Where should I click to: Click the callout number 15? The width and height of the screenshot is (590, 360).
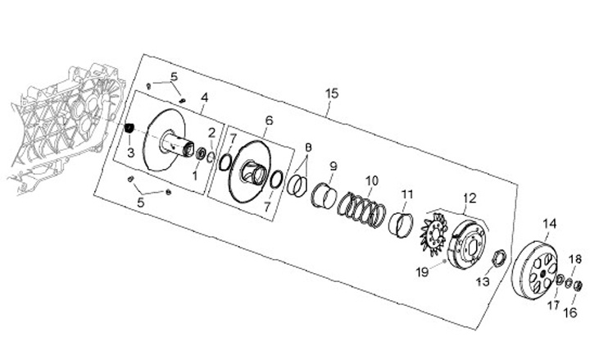331,94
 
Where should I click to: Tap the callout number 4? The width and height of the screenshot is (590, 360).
204,98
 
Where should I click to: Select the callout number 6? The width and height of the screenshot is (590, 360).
268,120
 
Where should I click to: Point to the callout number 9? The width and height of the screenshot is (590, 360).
333,166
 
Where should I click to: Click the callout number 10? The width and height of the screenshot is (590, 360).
371,180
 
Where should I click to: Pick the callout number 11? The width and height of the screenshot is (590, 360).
407,194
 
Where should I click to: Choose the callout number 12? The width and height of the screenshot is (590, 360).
469,198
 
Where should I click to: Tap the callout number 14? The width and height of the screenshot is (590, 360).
549,223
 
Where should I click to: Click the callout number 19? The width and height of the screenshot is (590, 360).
421,271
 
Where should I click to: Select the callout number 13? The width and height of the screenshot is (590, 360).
483,281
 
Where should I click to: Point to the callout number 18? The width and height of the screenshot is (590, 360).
575,259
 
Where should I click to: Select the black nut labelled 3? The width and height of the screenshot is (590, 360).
129,129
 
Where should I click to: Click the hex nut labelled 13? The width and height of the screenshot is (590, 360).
497,262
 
